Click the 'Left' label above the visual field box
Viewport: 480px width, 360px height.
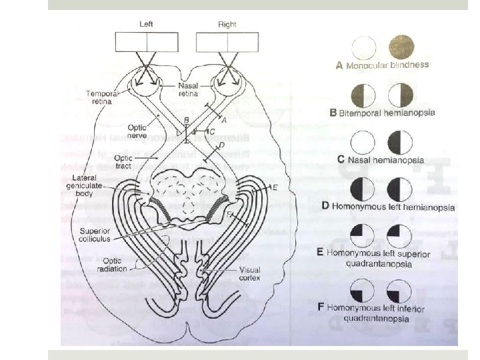coord(147,25)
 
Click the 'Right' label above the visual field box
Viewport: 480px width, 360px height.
coord(227,25)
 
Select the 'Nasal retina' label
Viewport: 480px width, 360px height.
coord(189,91)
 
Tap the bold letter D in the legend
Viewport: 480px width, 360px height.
coord(325,205)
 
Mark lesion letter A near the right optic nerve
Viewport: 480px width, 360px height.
coord(224,120)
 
